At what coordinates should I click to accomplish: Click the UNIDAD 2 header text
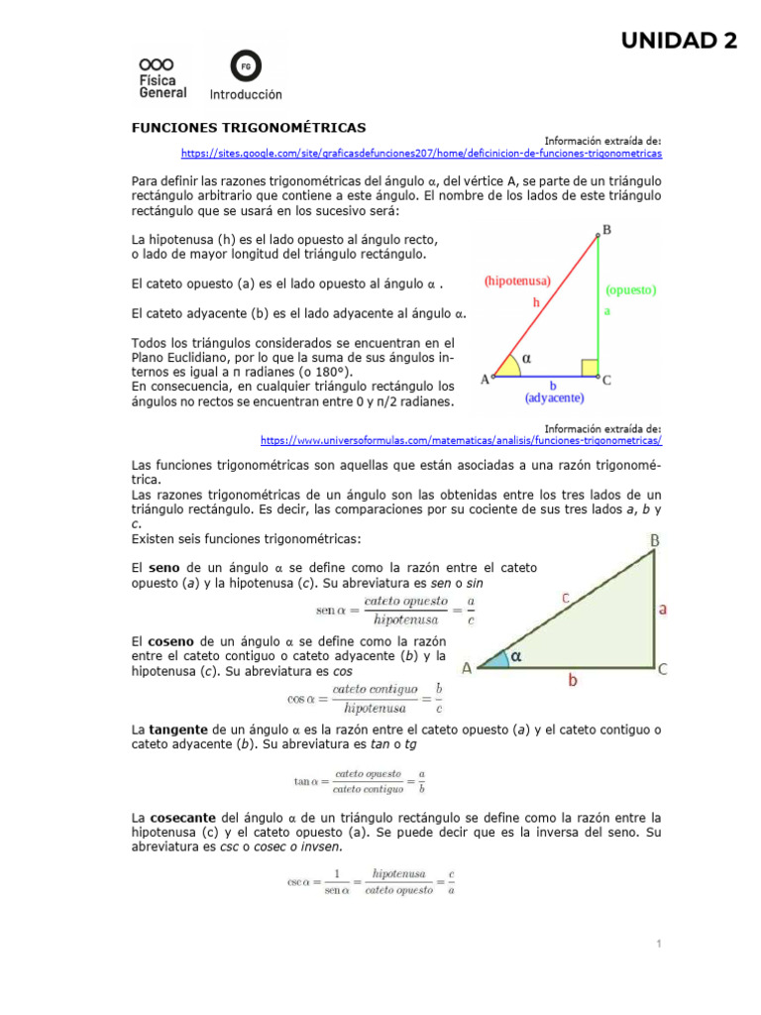pos(679,41)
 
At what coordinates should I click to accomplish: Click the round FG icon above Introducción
pos(245,66)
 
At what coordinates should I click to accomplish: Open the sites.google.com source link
pos(421,155)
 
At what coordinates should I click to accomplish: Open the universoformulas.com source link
pos(461,440)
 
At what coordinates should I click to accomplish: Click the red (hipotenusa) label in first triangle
pos(518,282)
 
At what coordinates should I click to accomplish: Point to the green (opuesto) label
pos(630,290)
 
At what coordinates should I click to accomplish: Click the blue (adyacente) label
pos(554,397)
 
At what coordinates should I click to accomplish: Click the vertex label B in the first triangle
pos(606,230)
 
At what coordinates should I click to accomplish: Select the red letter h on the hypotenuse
pos(535,301)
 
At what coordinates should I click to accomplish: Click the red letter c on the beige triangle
pos(565,598)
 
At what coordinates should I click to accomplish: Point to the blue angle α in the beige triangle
pos(515,656)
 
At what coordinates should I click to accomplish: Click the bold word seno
pos(163,568)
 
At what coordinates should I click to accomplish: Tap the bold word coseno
pos(170,641)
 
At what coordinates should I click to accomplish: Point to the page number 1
pos(657,945)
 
